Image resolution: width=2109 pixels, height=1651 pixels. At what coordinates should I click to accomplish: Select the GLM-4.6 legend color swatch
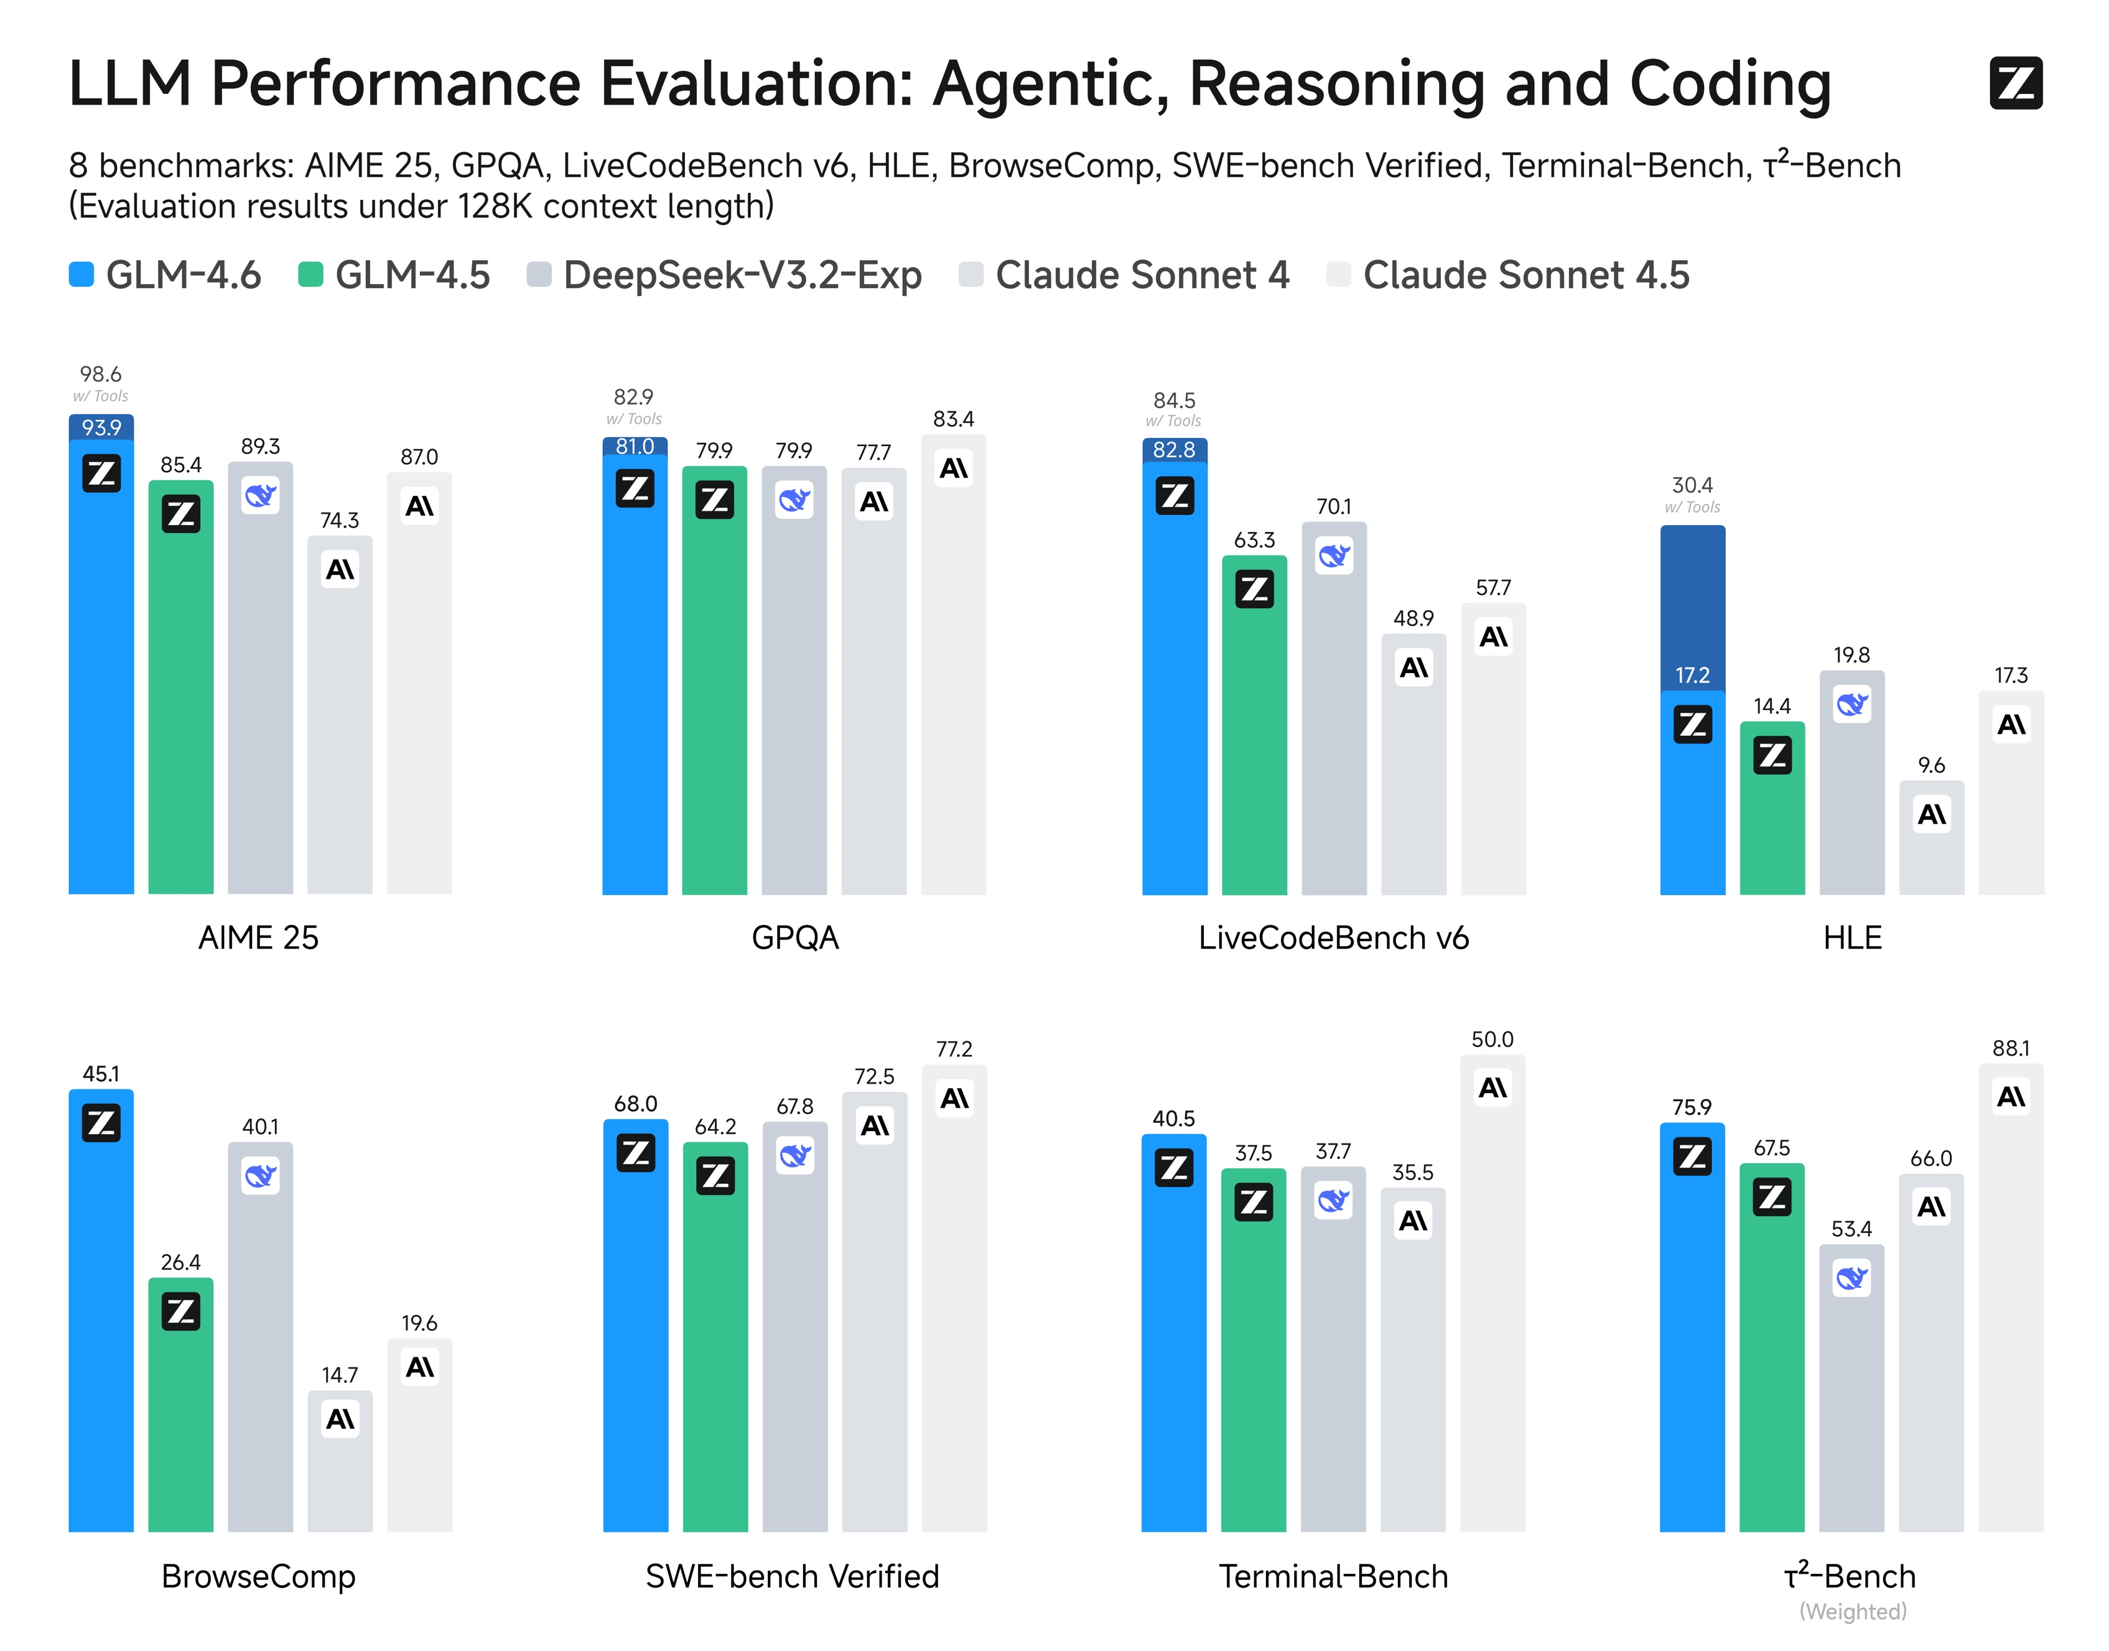pos(81,274)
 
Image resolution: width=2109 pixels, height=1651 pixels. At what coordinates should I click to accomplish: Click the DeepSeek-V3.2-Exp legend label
pos(742,276)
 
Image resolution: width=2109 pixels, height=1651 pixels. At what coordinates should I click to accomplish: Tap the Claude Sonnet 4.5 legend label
pos(1525,276)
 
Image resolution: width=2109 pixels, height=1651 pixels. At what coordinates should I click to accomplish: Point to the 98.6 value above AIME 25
pos(101,374)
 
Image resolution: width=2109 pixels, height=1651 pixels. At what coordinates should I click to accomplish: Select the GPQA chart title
pos(794,937)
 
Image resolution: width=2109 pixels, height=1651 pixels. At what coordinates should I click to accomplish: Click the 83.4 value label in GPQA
pos(953,419)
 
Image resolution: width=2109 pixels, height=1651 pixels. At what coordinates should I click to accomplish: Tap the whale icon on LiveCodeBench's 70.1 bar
pos(1334,556)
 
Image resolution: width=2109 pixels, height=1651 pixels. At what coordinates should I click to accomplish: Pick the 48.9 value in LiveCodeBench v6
pos(1413,618)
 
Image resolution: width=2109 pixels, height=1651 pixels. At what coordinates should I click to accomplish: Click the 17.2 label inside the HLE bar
pos(1692,676)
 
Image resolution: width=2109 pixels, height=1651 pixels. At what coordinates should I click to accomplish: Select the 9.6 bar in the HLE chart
pos(1931,850)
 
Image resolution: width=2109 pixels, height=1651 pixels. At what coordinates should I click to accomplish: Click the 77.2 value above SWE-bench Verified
pos(954,1049)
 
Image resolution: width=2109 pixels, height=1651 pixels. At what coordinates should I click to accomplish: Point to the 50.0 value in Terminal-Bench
pos(1492,1040)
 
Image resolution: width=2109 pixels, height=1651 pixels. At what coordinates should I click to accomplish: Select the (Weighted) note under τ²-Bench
pos(1852,1611)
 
